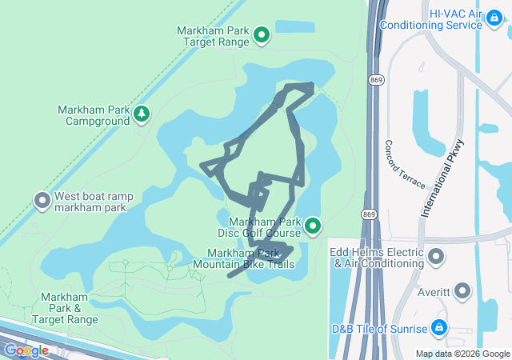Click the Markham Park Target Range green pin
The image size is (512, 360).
click(261, 34)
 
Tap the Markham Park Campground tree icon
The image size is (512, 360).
click(142, 115)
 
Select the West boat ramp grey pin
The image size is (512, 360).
click(42, 201)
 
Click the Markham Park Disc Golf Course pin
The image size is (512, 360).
click(313, 227)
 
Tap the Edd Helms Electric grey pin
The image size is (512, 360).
click(436, 256)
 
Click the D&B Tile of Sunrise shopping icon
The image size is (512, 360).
click(438, 328)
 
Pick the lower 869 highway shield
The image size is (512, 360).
click(369, 214)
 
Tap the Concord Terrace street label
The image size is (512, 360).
click(405, 164)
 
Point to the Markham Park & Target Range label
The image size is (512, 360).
click(70, 308)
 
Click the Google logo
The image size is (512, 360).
click(26, 350)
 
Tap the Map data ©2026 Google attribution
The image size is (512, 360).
click(462, 354)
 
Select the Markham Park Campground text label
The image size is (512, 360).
click(93, 115)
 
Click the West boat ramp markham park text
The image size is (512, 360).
click(94, 202)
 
